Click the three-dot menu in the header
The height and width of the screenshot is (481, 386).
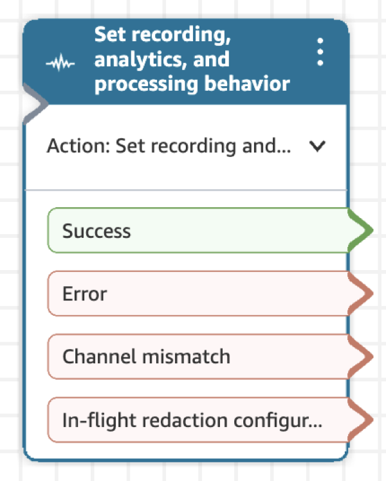pos(320,52)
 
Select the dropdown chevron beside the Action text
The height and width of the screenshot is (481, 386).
pos(316,147)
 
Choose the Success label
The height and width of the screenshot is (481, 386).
pos(96,231)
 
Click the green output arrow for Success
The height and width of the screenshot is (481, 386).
pos(362,230)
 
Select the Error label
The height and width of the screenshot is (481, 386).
pos(84,294)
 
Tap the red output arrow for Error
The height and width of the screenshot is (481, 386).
pos(362,294)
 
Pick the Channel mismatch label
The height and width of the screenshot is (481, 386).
pos(146,356)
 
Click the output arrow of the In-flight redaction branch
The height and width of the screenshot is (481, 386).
pos(362,420)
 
